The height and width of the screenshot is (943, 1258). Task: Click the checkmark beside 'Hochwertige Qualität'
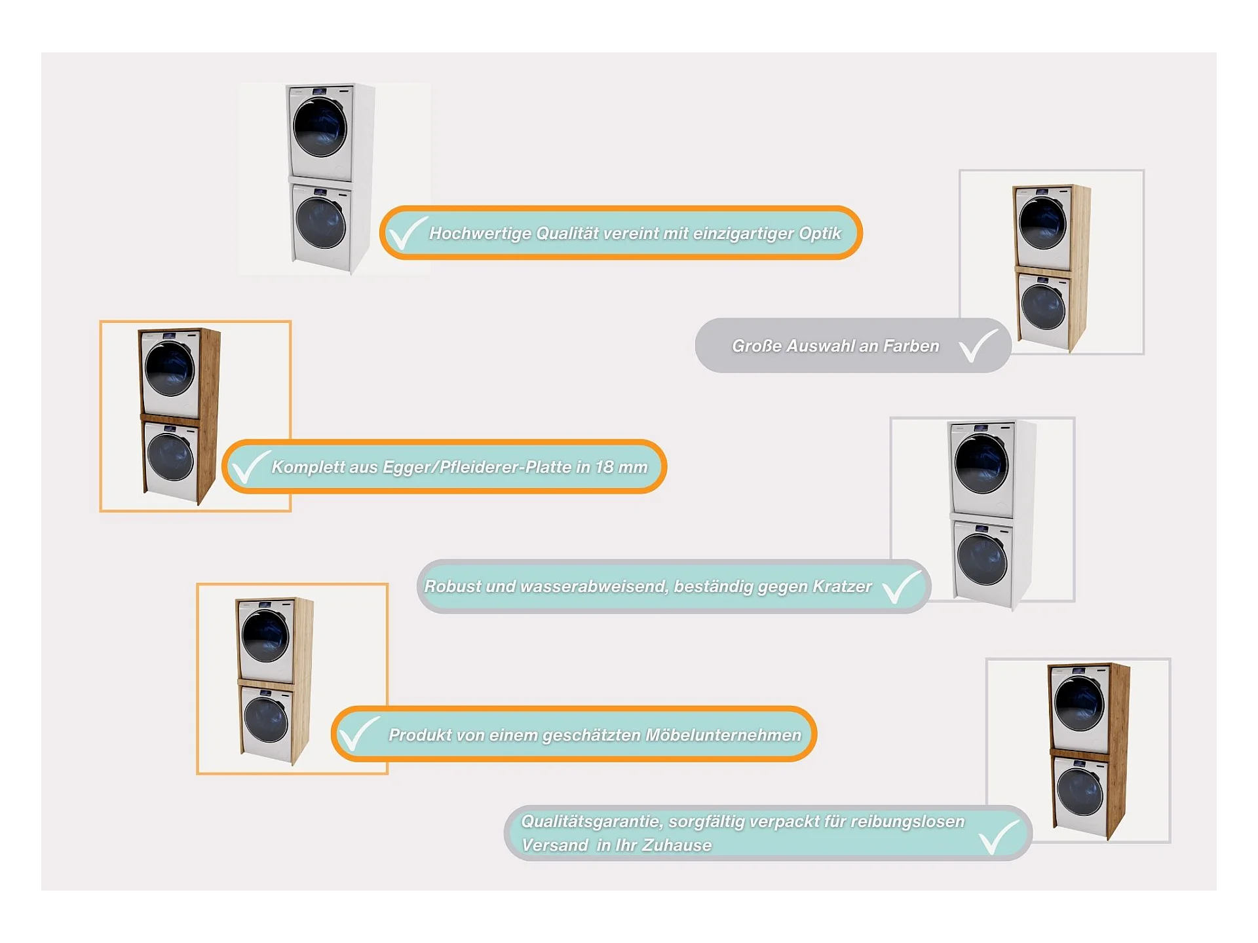(406, 233)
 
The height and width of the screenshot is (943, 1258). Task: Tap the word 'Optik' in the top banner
(820, 233)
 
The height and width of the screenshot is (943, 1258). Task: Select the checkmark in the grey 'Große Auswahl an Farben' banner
(978, 345)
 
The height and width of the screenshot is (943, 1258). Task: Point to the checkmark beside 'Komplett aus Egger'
(250, 466)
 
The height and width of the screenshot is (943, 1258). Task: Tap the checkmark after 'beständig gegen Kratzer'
(902, 586)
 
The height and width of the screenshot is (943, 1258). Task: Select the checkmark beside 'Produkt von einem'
(358, 733)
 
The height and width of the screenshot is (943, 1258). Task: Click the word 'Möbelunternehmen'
(723, 735)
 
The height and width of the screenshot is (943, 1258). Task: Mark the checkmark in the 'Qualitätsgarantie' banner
(999, 836)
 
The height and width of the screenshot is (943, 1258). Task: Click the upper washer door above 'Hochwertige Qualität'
(320, 127)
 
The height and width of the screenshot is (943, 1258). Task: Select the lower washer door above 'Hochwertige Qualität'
(320, 223)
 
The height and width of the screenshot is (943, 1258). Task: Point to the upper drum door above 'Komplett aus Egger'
(170, 369)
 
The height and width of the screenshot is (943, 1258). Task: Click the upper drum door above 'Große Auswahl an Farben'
(1042, 223)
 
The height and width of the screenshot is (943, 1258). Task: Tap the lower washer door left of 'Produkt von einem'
(265, 720)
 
